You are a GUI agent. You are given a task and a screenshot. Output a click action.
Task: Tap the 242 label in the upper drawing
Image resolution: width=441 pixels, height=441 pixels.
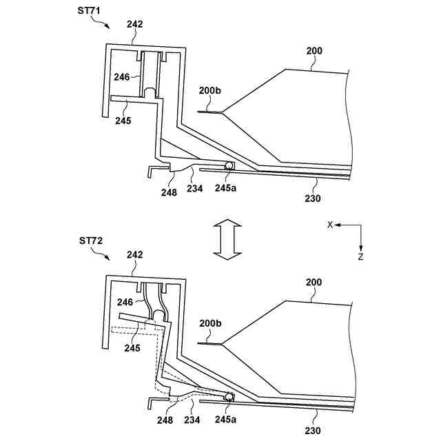pos(135,24)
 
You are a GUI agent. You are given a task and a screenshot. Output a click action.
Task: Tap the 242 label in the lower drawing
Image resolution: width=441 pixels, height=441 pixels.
pos(135,255)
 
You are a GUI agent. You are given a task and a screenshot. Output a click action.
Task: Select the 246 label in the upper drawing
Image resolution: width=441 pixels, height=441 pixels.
pos(122,78)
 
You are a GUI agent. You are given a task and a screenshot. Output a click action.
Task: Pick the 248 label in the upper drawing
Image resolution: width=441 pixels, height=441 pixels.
pos(169,192)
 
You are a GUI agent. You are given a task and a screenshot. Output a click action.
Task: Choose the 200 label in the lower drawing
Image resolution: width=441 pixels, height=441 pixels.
pos(314,283)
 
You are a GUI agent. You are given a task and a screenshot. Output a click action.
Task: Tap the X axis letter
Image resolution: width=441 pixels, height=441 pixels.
pos(329,225)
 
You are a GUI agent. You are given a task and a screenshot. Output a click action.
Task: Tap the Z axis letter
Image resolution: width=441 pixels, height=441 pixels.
pos(361,256)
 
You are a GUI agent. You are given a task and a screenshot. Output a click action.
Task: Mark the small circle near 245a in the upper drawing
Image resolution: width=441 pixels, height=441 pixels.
pos(227,166)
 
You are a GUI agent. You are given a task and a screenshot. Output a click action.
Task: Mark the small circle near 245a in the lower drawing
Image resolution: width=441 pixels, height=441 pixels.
pos(227,397)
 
